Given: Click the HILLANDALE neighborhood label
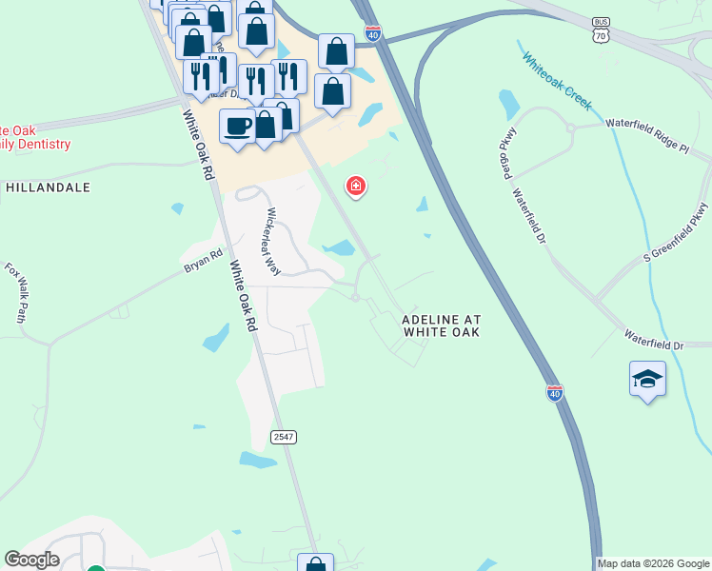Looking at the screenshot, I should click(x=48, y=187).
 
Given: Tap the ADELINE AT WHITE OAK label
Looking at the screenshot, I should click(x=439, y=325).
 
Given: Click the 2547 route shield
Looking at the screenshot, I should click(x=284, y=437).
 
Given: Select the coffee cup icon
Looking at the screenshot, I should click(x=236, y=126).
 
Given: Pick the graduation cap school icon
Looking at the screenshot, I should click(x=647, y=379).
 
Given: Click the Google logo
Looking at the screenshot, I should click(x=31, y=560).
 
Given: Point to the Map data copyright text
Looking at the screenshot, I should click(x=654, y=563).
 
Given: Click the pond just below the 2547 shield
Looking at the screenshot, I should click(x=257, y=460).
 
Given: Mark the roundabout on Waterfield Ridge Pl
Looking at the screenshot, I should click(x=570, y=128).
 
